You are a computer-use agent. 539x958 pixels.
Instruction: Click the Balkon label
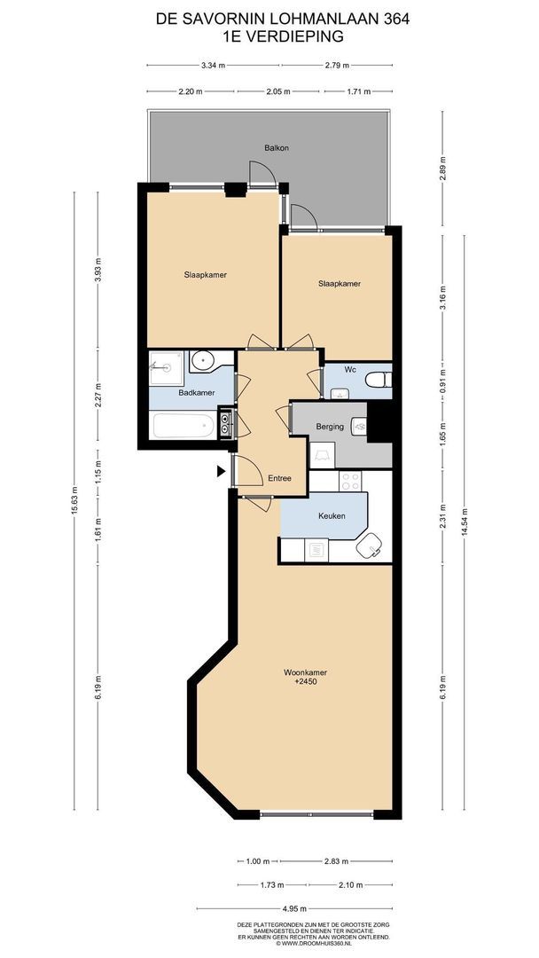coord(276,148)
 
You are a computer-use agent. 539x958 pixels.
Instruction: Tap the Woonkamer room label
coord(301,672)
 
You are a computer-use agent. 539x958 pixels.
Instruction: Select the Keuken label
coord(332,515)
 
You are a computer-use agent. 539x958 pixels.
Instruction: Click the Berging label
coord(330,427)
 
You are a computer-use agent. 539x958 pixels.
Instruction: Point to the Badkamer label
coord(197,393)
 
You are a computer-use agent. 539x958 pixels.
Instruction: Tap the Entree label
coord(279,478)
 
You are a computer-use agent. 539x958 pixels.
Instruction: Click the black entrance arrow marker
coord(221,471)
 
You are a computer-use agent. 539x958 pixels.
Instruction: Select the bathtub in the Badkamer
coord(184,426)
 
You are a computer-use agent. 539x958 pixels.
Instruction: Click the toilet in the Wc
coord(379,380)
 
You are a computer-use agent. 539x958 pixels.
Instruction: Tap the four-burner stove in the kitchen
coord(350,482)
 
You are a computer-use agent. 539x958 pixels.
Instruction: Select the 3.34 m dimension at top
coord(213,66)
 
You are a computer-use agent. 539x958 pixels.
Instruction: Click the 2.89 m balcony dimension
coord(443,168)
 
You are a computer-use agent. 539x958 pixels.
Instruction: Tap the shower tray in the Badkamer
coord(166,368)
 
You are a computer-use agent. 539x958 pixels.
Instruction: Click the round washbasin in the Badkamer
coord(201,361)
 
